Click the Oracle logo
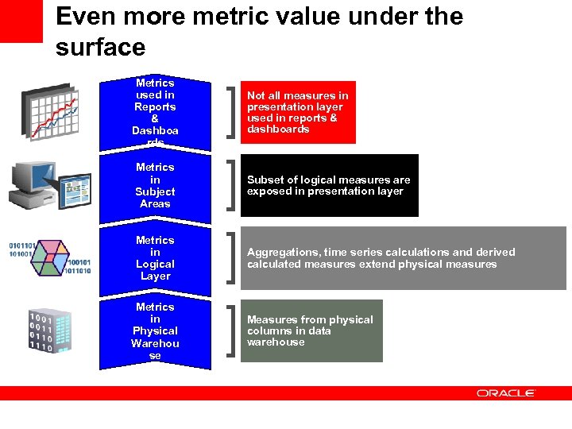point(506,392)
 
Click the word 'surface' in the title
point(101,48)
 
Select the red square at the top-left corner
point(21,21)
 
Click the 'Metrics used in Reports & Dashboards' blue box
point(155,113)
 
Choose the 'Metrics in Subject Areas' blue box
point(155,185)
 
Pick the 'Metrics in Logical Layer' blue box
point(155,257)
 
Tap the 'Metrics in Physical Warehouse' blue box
point(155,331)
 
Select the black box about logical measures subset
point(329,185)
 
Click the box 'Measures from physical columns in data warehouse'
point(311,330)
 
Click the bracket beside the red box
point(230,112)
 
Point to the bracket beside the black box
point(230,185)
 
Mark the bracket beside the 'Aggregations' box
point(230,257)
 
